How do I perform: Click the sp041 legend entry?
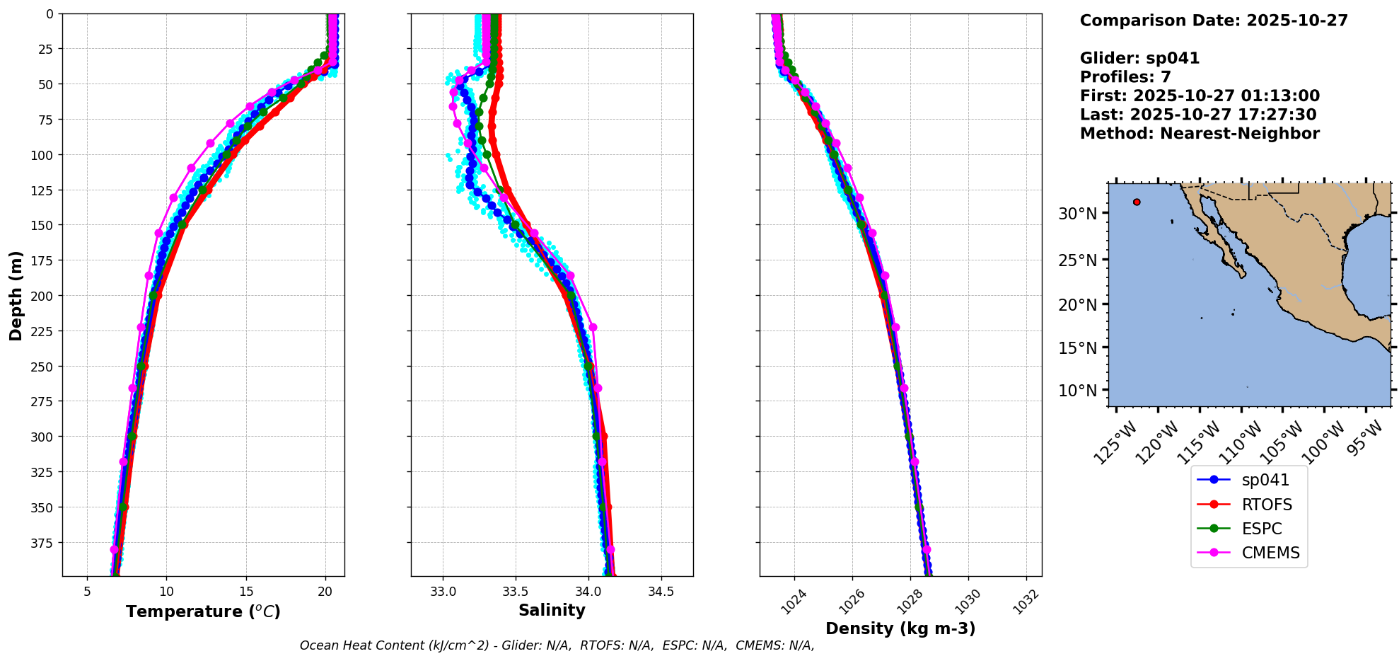click(1265, 480)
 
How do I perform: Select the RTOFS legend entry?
click(1266, 505)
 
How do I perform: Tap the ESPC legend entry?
click(1261, 529)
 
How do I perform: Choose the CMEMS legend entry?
click(1270, 553)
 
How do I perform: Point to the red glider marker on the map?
click(1137, 202)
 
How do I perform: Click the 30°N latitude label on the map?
click(1077, 214)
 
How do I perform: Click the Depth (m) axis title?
click(16, 295)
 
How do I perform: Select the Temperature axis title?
click(203, 611)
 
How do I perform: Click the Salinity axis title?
click(552, 610)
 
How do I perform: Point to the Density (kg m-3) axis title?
click(900, 628)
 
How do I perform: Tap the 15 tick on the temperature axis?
click(246, 591)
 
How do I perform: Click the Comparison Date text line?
click(1214, 21)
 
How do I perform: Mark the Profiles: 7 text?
click(1125, 77)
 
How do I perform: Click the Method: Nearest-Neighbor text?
click(1200, 134)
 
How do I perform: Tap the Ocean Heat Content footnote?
click(557, 645)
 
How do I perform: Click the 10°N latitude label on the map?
click(1077, 391)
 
